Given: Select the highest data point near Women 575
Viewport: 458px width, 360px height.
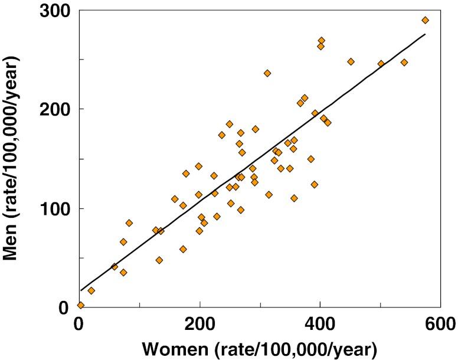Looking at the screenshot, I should pyautogui.click(x=425, y=20).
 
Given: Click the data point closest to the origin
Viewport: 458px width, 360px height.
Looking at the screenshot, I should pyautogui.click(x=80, y=305).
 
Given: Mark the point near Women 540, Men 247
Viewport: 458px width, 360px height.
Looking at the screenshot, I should pyautogui.click(x=404, y=63).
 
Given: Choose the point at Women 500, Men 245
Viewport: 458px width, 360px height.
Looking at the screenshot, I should pyautogui.click(x=381, y=64).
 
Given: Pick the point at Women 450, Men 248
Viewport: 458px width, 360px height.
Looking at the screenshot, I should pyautogui.click(x=351, y=61).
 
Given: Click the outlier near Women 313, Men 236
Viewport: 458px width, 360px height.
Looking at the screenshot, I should pyautogui.click(x=267, y=73).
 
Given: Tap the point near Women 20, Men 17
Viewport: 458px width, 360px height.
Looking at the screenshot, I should pyautogui.click(x=91, y=290).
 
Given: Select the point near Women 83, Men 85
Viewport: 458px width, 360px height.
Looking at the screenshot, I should pyautogui.click(x=129, y=223).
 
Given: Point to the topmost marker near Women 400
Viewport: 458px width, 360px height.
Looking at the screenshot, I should pyautogui.click(x=321, y=41).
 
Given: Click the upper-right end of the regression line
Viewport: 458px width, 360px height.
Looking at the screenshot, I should pyautogui.click(x=425, y=34).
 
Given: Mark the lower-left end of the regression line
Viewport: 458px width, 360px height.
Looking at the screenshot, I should pyautogui.click(x=80, y=290).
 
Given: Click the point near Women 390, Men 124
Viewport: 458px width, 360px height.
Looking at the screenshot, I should pyautogui.click(x=315, y=184).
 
